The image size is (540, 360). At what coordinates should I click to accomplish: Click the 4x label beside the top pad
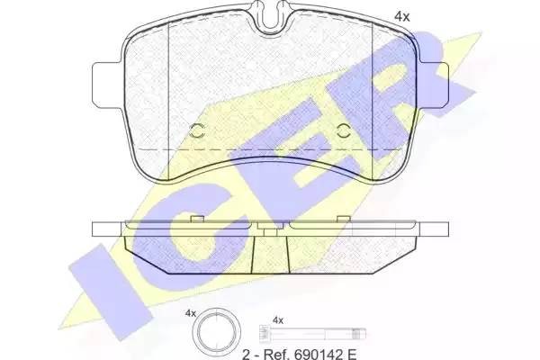[401, 16]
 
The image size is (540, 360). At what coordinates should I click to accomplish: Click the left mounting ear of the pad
[107, 85]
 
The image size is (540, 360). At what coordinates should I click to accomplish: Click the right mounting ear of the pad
[433, 85]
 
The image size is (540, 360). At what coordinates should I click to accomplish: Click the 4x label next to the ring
[190, 313]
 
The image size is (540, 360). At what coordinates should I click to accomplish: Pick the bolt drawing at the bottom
[312, 334]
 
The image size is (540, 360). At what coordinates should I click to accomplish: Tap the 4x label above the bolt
[277, 320]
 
